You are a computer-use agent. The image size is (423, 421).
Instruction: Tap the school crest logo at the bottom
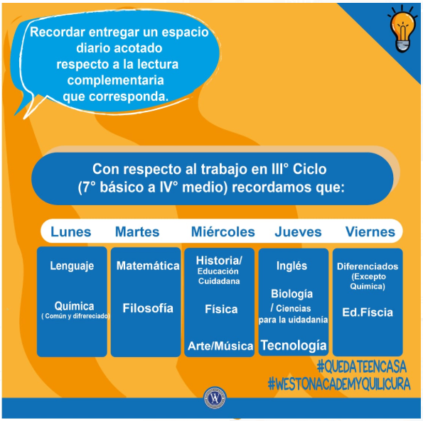point(215,398)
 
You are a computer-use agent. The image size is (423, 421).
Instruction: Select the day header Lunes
point(70,232)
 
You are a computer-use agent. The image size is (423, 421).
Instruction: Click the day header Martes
point(137,232)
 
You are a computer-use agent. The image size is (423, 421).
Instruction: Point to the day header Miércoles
point(223,232)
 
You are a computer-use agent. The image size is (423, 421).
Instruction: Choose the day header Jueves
point(298,232)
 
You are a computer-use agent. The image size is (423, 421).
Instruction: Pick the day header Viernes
point(370,232)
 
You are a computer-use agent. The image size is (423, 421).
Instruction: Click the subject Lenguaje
point(72,266)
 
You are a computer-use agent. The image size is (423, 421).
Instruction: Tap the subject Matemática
point(148,266)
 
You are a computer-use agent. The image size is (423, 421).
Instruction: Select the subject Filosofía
point(148,308)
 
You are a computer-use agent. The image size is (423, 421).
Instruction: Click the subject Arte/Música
point(220,346)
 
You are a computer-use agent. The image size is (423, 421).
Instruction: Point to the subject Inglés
point(291,266)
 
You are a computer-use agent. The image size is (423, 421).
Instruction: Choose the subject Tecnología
point(294,346)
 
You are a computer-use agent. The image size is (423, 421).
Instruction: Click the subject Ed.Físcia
point(368,312)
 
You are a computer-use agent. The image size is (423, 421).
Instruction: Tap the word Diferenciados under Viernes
point(368,266)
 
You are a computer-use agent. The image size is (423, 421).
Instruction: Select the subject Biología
point(291,294)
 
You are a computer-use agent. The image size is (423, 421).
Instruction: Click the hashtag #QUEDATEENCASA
point(361,366)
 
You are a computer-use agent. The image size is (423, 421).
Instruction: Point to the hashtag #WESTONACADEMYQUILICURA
point(339,384)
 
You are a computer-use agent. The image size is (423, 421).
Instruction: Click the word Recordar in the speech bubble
point(58,32)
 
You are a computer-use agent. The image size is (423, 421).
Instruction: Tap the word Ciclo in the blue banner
point(310,169)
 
